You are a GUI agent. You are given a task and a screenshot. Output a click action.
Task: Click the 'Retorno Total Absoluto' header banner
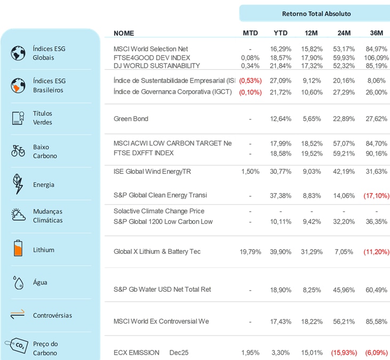pos(316,13)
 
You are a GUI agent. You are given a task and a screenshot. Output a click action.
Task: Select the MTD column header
pos(250,33)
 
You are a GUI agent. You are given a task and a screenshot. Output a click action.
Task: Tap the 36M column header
pos(376,33)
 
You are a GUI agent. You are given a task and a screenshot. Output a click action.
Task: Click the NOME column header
pos(124,33)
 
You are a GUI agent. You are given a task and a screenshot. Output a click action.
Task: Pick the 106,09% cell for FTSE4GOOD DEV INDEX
pos(376,58)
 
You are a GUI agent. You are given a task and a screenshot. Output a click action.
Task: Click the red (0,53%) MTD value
pos(250,81)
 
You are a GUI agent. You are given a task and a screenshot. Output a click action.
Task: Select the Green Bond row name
pos(131,119)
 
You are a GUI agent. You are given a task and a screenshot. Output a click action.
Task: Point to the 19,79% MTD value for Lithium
pos(250,252)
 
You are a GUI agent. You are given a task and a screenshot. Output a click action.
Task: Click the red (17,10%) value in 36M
pos(376,196)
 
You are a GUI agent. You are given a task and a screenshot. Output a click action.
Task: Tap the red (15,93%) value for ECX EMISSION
pos(344,353)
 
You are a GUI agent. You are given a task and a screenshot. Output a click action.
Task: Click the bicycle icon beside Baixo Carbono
pos(18,151)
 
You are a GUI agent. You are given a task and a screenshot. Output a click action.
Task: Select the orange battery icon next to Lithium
pos(18,249)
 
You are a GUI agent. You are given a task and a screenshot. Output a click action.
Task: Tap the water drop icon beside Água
pos(18,282)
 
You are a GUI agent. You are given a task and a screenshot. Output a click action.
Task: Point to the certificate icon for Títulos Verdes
pos(18,118)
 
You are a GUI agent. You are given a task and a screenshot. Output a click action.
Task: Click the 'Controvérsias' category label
pos(52,315)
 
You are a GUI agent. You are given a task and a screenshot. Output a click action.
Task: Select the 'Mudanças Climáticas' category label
pos(48,216)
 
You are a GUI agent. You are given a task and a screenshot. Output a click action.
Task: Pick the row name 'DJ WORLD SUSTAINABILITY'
pos(157,66)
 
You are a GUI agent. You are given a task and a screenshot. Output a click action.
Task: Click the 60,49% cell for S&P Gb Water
pos(376,290)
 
